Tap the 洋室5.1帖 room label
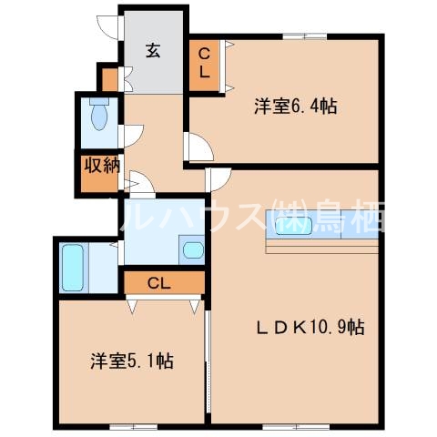(x=132, y=361)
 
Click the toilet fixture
(x=98, y=116)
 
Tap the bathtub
(x=73, y=265)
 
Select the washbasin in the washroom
(x=192, y=249)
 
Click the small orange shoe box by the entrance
(x=109, y=79)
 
